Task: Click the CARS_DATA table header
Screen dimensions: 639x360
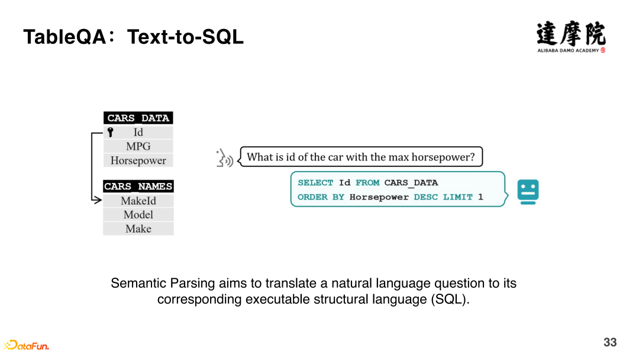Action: pyautogui.click(x=138, y=118)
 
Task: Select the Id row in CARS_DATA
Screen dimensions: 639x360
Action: pyautogui.click(x=138, y=132)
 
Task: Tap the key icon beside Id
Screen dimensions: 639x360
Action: pyautogui.click(x=111, y=132)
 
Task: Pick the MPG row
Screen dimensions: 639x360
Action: pyautogui.click(x=138, y=146)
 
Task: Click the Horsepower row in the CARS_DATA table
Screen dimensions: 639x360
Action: pyautogui.click(x=138, y=160)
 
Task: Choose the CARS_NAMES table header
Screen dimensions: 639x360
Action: pyautogui.click(x=138, y=187)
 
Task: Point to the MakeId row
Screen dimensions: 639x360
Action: pyautogui.click(x=138, y=201)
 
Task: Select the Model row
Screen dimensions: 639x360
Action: pyautogui.click(x=138, y=214)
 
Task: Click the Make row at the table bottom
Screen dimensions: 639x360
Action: pyautogui.click(x=138, y=229)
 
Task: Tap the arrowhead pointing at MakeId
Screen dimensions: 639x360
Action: pyautogui.click(x=98, y=200)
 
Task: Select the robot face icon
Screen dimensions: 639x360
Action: pyautogui.click(x=528, y=192)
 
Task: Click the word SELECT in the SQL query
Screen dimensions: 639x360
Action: pyautogui.click(x=315, y=182)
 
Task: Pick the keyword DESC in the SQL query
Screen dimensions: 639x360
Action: pyautogui.click(x=425, y=197)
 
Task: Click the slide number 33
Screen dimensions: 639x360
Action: pyautogui.click(x=610, y=342)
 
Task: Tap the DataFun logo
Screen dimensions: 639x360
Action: pyautogui.click(x=27, y=345)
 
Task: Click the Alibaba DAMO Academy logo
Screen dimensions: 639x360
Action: pyautogui.click(x=571, y=37)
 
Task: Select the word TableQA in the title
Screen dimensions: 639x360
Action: pyautogui.click(x=65, y=37)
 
